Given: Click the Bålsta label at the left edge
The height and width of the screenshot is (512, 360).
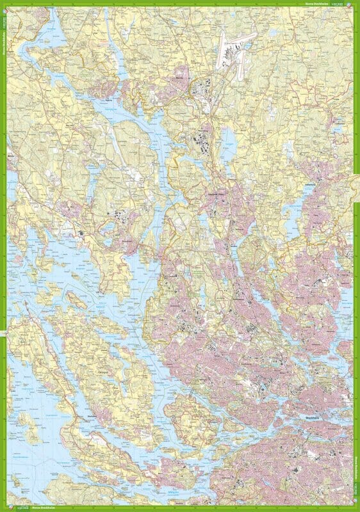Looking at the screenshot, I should tap(10, 154).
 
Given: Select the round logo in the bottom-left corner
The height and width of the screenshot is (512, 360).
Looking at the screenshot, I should tap(4, 507).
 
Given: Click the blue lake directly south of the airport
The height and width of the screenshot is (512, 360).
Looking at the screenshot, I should tap(228, 137).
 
